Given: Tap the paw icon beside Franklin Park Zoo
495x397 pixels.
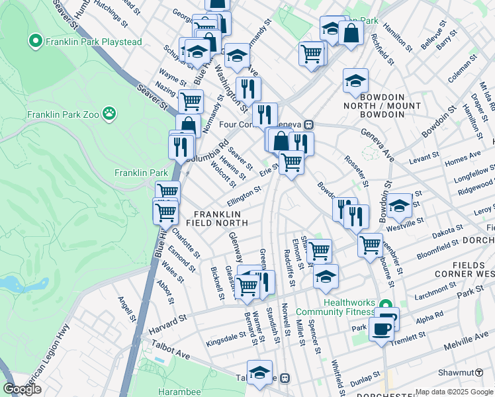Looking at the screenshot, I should click(109, 114).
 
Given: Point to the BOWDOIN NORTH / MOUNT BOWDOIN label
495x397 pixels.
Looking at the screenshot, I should click(382, 110).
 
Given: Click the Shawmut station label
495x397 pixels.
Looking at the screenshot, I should click(472, 373).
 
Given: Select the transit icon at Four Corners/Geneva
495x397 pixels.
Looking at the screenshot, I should click(308, 124).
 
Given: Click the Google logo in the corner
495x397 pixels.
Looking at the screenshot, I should click(22, 389).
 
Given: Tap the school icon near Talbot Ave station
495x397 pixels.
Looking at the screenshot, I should click(259, 371).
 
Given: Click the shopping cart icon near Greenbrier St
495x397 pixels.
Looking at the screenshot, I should click(370, 243).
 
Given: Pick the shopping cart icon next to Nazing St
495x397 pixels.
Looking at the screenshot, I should click(191, 101).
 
